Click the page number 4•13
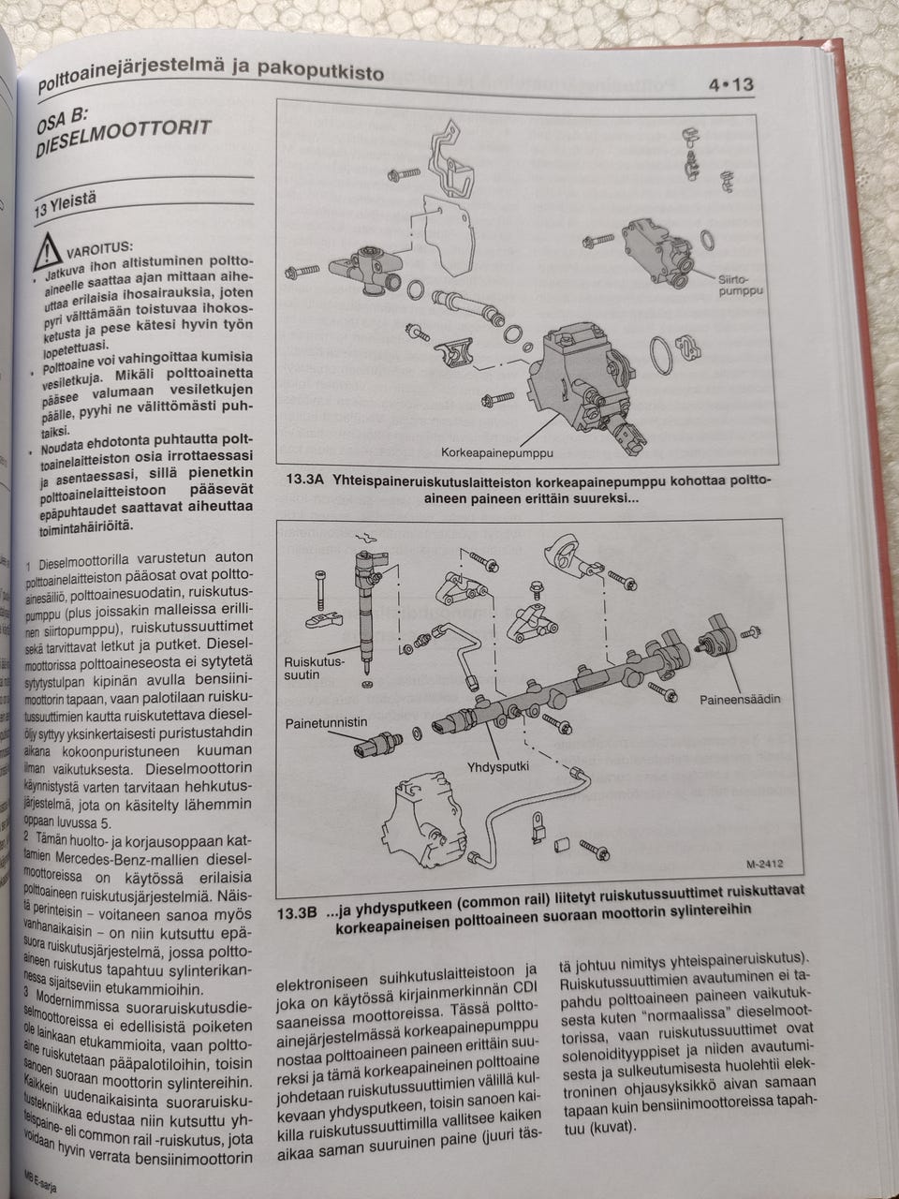730,85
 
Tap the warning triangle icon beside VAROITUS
46,251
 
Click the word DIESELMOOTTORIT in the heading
122,138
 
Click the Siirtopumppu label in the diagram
740,286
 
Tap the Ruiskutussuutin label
314,668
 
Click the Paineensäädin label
739,699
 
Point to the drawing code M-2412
763,866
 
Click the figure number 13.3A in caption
302,481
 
